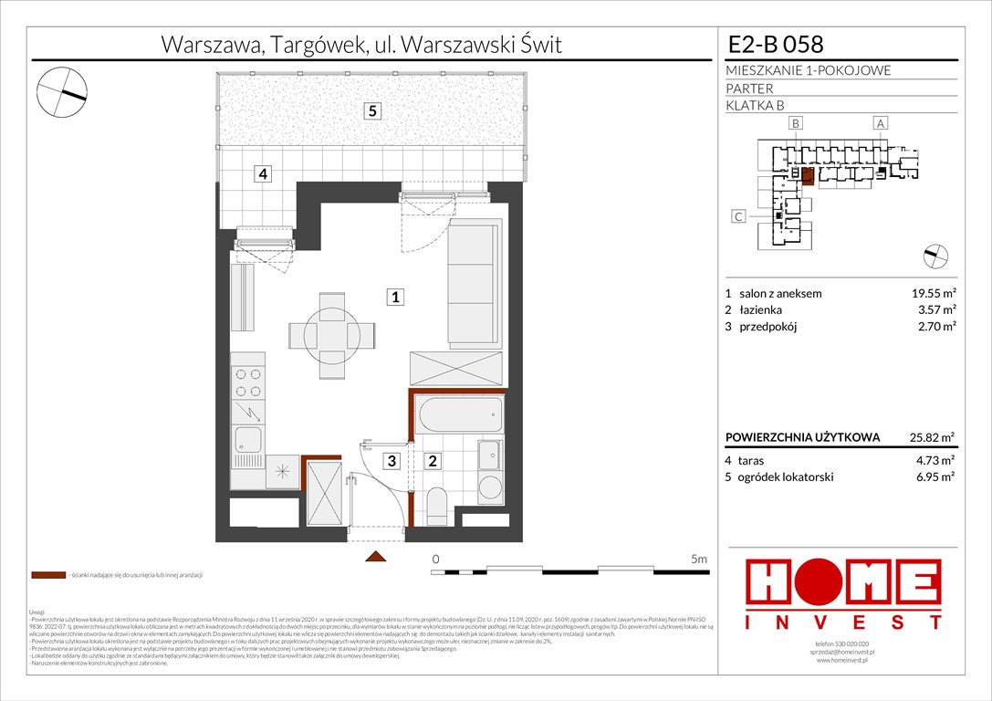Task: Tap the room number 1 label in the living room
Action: coord(394,297)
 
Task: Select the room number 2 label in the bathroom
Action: coord(433,462)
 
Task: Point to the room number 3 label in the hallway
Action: coord(391,462)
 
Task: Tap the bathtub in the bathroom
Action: coord(458,415)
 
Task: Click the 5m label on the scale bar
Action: coord(699,558)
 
